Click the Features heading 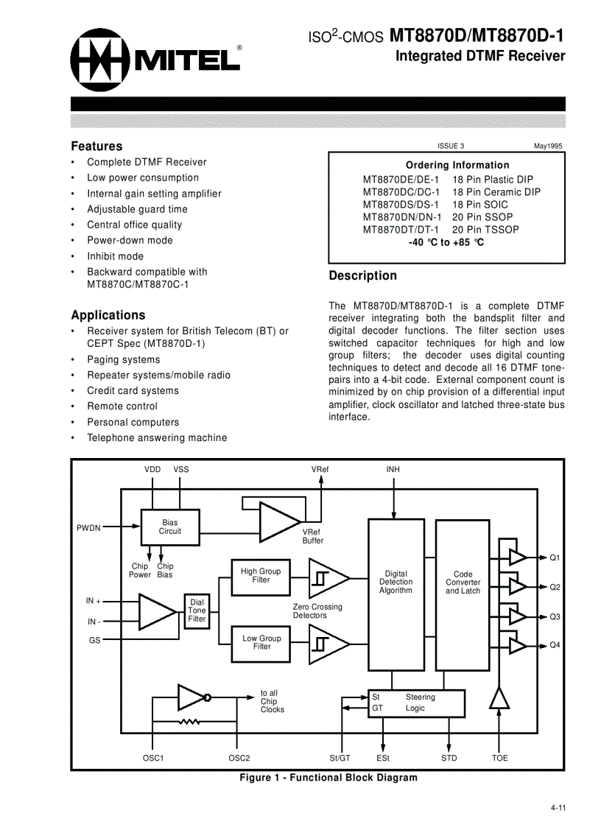click(x=96, y=146)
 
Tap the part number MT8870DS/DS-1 click(x=400, y=204)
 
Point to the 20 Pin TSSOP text click(x=485, y=229)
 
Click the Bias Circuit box click(x=169, y=527)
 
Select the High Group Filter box click(x=261, y=575)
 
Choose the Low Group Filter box click(x=261, y=642)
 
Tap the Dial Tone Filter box click(x=197, y=610)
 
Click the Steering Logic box click(x=417, y=703)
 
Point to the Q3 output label click(x=555, y=616)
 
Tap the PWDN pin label click(x=88, y=527)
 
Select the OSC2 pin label click(x=239, y=758)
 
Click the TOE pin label click(x=499, y=758)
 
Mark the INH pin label click(x=393, y=469)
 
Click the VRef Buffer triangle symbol click(x=279, y=521)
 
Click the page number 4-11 click(x=557, y=809)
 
